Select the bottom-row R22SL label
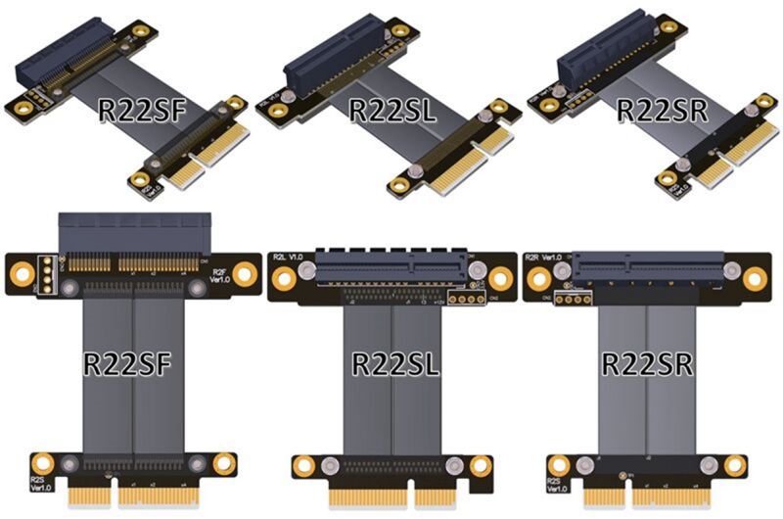395,364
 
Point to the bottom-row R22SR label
647,364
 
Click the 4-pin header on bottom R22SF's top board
43,276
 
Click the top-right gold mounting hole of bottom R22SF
245,275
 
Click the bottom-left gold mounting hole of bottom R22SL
303,466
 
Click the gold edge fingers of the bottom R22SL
395,496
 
